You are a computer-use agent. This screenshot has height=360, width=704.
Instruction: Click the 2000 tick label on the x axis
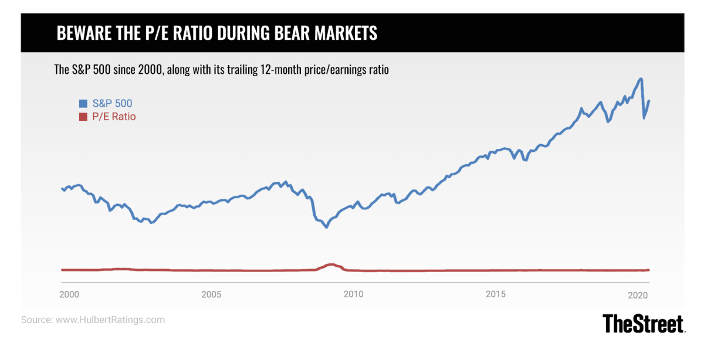tap(70, 294)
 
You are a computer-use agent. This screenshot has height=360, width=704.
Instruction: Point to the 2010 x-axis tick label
tap(353, 294)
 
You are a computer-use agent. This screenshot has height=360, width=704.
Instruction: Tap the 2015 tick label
tap(496, 294)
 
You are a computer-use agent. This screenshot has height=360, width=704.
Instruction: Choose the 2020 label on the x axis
tap(638, 294)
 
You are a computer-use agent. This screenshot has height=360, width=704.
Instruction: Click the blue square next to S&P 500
tap(83, 104)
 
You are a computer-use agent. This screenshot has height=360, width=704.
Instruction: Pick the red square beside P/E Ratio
tap(83, 117)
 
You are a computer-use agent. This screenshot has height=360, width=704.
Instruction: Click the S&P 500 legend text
tap(112, 104)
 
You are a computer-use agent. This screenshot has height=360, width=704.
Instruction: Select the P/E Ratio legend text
tap(114, 117)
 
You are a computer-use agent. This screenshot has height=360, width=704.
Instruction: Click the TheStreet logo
tap(644, 324)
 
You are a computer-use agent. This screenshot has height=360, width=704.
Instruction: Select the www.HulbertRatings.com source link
tap(110, 320)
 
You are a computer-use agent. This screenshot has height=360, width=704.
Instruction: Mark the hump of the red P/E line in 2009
tap(330, 264)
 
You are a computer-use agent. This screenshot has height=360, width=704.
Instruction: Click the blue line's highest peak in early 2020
tap(641, 79)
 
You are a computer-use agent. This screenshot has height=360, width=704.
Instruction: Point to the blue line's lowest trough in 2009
tap(327, 227)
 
